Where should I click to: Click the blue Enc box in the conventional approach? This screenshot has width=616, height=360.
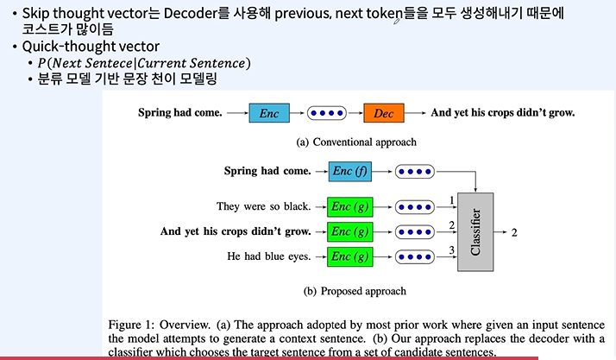(x=268, y=113)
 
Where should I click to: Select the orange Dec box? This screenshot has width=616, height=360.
(x=383, y=113)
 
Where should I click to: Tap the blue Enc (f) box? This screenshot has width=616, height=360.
(x=350, y=171)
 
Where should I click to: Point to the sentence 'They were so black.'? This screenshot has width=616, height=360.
(x=262, y=207)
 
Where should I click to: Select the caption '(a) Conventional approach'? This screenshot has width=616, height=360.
(x=356, y=142)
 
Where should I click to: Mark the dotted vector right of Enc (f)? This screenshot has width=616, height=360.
(x=415, y=171)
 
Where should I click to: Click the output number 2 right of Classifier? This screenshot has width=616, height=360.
(x=515, y=232)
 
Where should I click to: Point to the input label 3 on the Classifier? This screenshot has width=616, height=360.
(x=450, y=250)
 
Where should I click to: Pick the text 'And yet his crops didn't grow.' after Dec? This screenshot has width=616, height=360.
(x=503, y=113)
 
